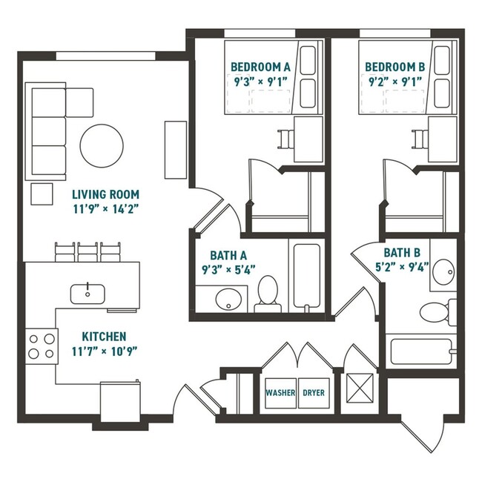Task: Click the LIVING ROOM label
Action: click(105, 194)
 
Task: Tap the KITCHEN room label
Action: click(104, 336)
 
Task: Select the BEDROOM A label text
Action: click(260, 67)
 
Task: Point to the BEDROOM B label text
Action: click(394, 67)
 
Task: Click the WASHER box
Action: click(280, 392)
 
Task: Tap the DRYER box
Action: click(313, 392)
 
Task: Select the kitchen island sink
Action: click(88, 293)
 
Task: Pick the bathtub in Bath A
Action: click(307, 276)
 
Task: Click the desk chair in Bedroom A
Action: click(286, 139)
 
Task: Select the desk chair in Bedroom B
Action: click(420, 139)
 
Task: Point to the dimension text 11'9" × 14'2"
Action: click(105, 210)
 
